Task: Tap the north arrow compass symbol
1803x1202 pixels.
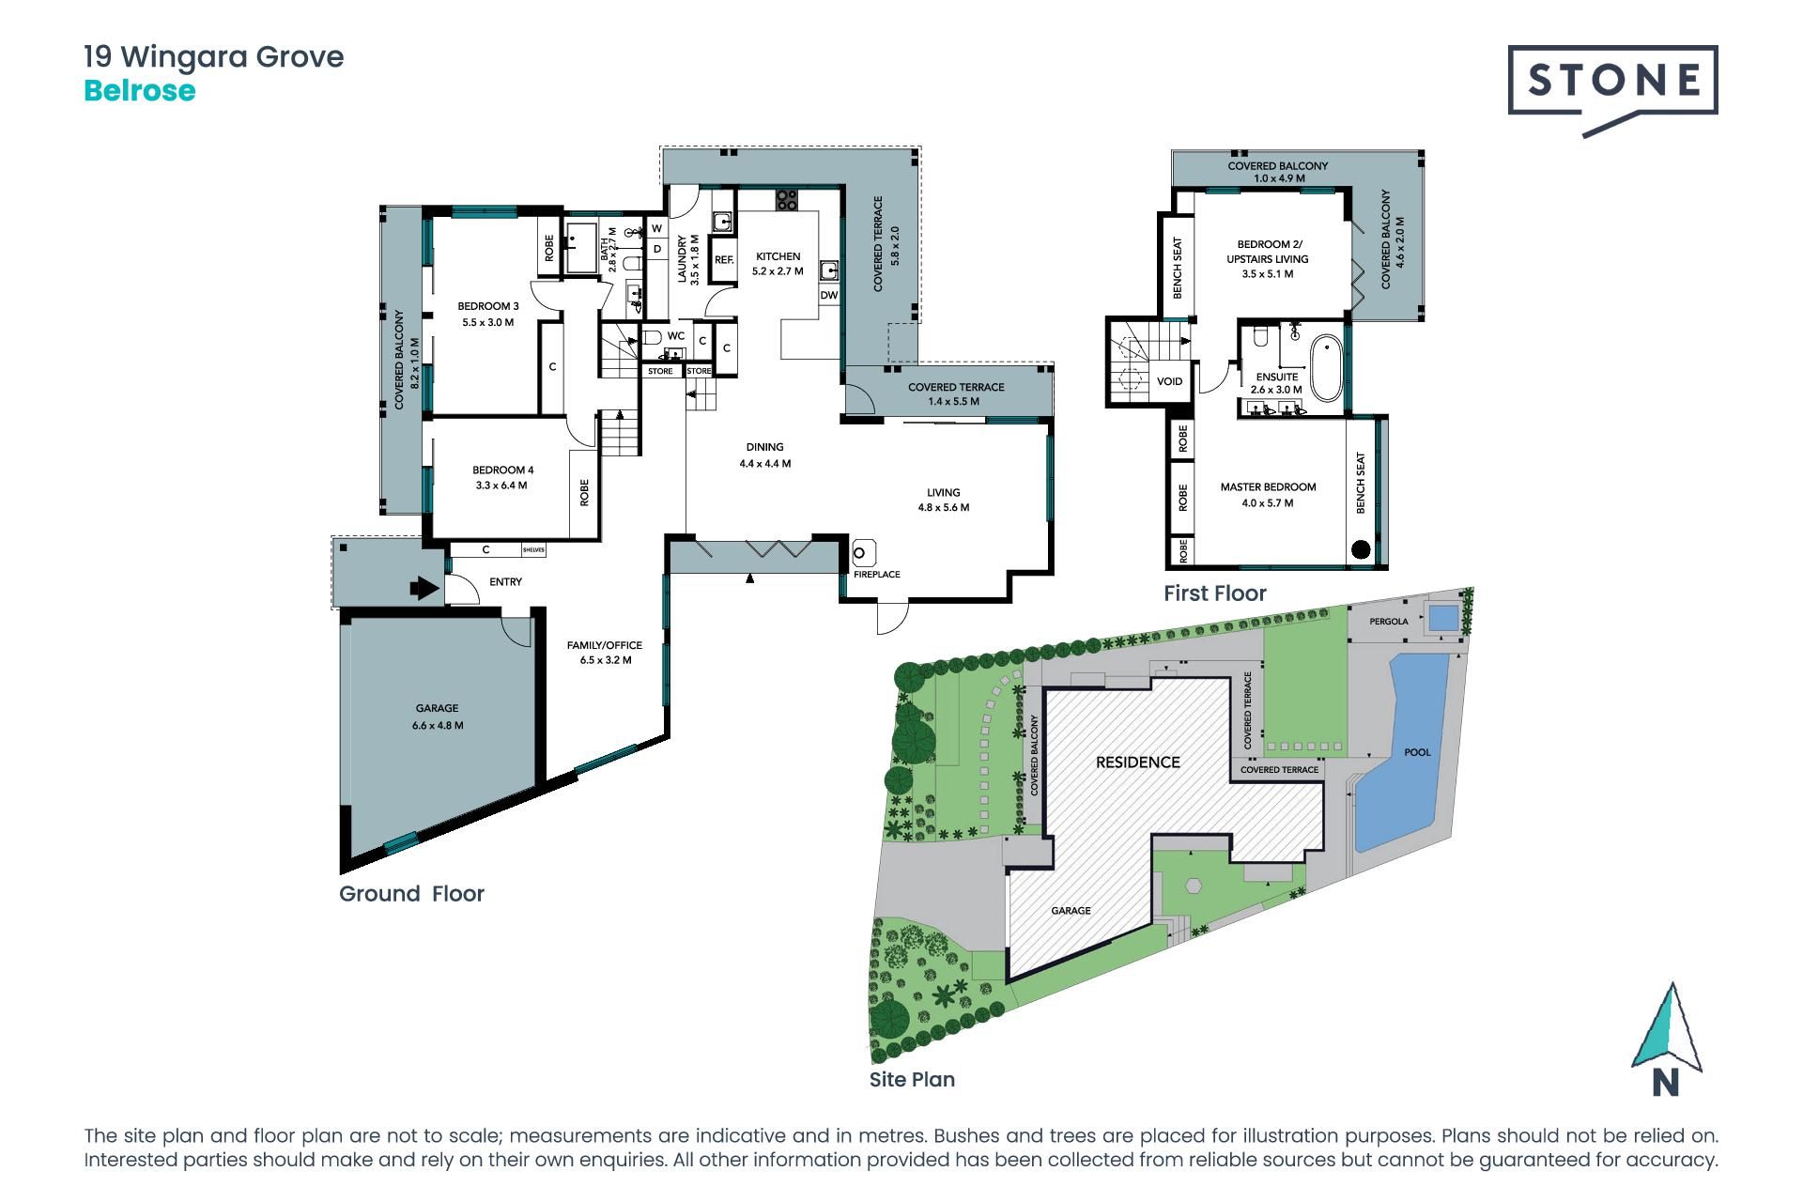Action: pos(1668,1039)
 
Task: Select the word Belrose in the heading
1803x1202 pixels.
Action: pos(140,91)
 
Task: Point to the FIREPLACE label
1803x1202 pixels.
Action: pos(876,574)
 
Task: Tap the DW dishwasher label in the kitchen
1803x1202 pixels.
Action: pos(828,295)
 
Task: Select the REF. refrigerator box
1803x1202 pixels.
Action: pos(723,259)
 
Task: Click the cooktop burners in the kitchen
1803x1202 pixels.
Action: pos(787,199)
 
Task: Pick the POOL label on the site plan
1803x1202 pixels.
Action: pos(1417,752)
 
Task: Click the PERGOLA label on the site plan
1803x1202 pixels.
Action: pos(1388,622)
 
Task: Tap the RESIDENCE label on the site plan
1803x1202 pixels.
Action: pos(1138,762)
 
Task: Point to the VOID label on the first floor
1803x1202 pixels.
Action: pos(1169,381)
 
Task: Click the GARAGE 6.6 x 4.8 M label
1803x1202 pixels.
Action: pos(438,717)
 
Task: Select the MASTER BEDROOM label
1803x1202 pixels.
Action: pos(1268,487)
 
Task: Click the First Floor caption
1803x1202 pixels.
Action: pos(1215,593)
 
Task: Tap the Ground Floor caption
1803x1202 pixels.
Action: pos(411,894)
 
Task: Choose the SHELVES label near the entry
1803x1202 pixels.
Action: pos(533,550)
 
